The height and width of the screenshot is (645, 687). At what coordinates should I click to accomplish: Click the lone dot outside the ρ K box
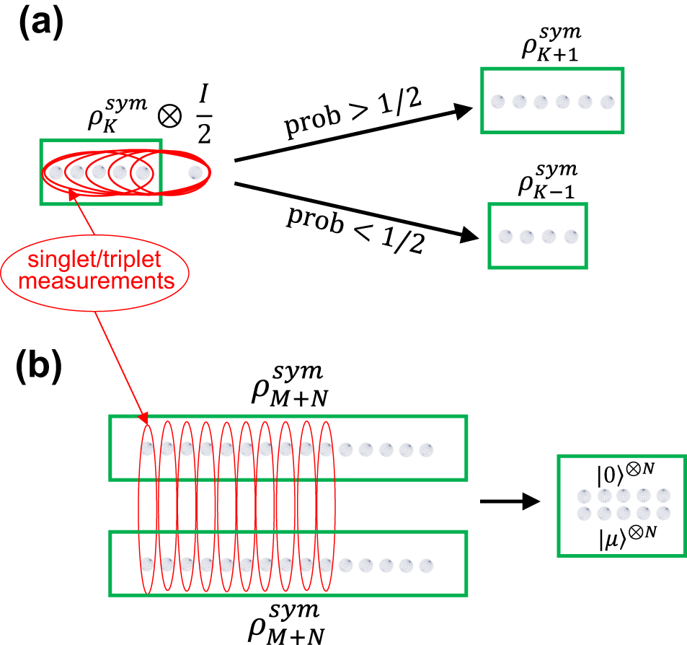click(194, 172)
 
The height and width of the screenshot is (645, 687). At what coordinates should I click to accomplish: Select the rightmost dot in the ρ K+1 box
click(607, 101)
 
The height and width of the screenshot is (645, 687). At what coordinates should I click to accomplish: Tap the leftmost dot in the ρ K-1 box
click(505, 236)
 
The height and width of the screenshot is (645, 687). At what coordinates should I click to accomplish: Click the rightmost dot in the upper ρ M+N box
click(426, 449)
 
